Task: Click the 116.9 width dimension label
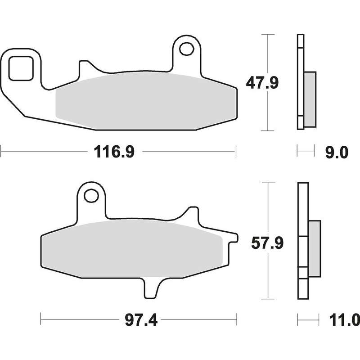(x=114, y=152)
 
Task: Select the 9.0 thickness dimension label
(x=337, y=152)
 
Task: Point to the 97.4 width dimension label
(x=141, y=320)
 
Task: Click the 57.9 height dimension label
(x=267, y=243)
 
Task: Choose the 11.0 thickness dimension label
(x=344, y=320)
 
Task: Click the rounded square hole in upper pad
(x=21, y=68)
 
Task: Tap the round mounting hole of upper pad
(x=187, y=49)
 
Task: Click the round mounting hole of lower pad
(x=91, y=196)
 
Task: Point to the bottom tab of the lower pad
(x=152, y=288)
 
